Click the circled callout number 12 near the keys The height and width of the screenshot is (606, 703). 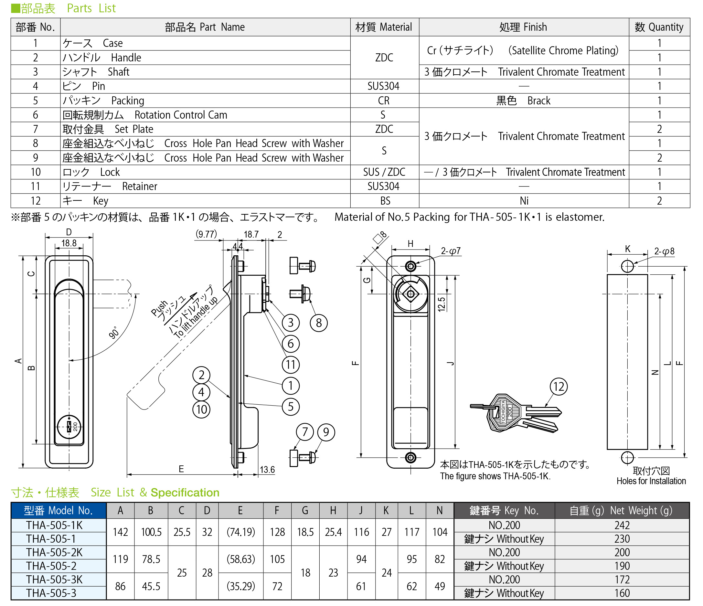[559, 387]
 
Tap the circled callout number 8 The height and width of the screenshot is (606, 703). [319, 323]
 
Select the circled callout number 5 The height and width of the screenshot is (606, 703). [291, 407]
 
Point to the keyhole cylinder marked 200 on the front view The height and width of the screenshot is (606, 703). [69, 427]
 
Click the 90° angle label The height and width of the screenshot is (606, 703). [114, 333]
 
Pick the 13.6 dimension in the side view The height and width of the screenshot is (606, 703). [267, 470]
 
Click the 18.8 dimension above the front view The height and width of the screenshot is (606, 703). [69, 243]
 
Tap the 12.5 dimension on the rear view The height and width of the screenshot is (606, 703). [441, 304]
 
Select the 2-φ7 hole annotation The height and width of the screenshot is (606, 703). [451, 251]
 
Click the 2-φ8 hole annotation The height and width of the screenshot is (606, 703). [664, 251]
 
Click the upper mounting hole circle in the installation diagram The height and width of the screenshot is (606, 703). [627, 266]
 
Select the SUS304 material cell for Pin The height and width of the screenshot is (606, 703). [383, 86]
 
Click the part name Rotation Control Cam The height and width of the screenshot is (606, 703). [180, 115]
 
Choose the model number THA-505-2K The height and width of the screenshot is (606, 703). [54, 552]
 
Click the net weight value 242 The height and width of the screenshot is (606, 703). [622, 525]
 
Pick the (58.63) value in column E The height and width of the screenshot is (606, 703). [240, 559]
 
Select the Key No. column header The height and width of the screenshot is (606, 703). [504, 510]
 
